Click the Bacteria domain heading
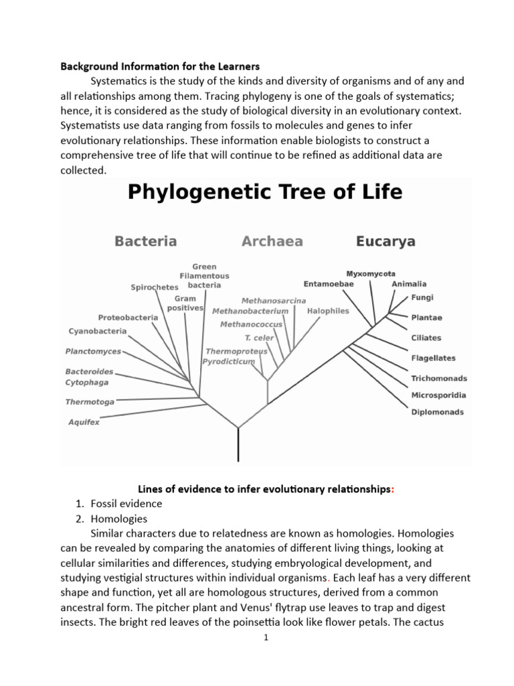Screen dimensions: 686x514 coord(145,241)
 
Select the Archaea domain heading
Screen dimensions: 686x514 coord(272,241)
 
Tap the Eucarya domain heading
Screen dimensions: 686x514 coord(385,241)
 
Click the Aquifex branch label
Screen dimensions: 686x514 coord(84,423)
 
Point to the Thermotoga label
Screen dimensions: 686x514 coord(89,402)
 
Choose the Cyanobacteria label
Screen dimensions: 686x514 coord(97,331)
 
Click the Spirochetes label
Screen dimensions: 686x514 coord(155,287)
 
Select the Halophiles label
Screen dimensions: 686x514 coord(328,311)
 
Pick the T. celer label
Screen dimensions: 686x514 coord(257,338)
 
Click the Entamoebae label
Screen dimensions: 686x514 coord(329,284)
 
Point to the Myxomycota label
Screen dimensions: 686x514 coord(371,274)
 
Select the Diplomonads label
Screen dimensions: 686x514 coord(437,413)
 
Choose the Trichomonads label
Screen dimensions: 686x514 coord(439,379)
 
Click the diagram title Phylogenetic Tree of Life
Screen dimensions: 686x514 coord(264,193)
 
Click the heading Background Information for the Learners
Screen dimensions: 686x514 coord(160,67)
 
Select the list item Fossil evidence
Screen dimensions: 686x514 coord(126,504)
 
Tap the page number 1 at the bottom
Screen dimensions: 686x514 coord(266,638)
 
